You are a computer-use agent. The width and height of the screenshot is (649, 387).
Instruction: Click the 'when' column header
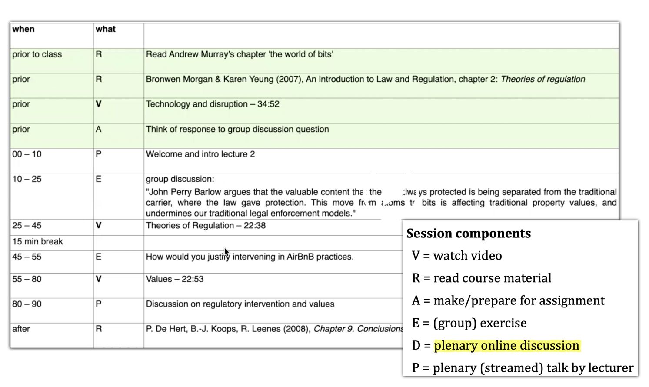coord(23,29)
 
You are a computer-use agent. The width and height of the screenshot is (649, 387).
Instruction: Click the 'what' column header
coord(105,29)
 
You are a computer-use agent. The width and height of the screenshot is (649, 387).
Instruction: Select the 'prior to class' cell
coord(37,54)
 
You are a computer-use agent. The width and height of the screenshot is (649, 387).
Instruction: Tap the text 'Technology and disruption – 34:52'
coord(213,104)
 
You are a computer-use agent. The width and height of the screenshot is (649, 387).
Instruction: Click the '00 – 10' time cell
coord(27,154)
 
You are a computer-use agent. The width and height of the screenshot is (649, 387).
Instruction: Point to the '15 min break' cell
coord(37,242)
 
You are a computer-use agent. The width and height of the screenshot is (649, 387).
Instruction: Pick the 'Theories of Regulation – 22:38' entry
coord(206,226)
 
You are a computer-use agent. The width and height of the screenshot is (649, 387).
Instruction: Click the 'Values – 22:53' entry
coord(175,279)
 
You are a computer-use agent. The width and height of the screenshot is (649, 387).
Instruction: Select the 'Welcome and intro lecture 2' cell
coord(200,154)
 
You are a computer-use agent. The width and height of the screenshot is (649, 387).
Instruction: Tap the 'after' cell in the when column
coord(21,329)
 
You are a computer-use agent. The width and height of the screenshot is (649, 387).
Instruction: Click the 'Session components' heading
coord(469,234)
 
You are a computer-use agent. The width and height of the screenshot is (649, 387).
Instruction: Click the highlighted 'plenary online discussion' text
coord(506,346)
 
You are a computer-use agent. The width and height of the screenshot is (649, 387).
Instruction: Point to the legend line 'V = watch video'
coord(457,256)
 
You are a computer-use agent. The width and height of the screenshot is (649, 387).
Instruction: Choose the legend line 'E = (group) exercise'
coord(469,323)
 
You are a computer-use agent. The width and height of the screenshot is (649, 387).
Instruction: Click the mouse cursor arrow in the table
coord(226,251)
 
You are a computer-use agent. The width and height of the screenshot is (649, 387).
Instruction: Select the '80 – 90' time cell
coord(27,304)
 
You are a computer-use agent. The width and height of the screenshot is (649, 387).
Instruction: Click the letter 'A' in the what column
coord(99,130)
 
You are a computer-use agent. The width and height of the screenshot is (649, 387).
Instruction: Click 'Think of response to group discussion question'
coord(237,130)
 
